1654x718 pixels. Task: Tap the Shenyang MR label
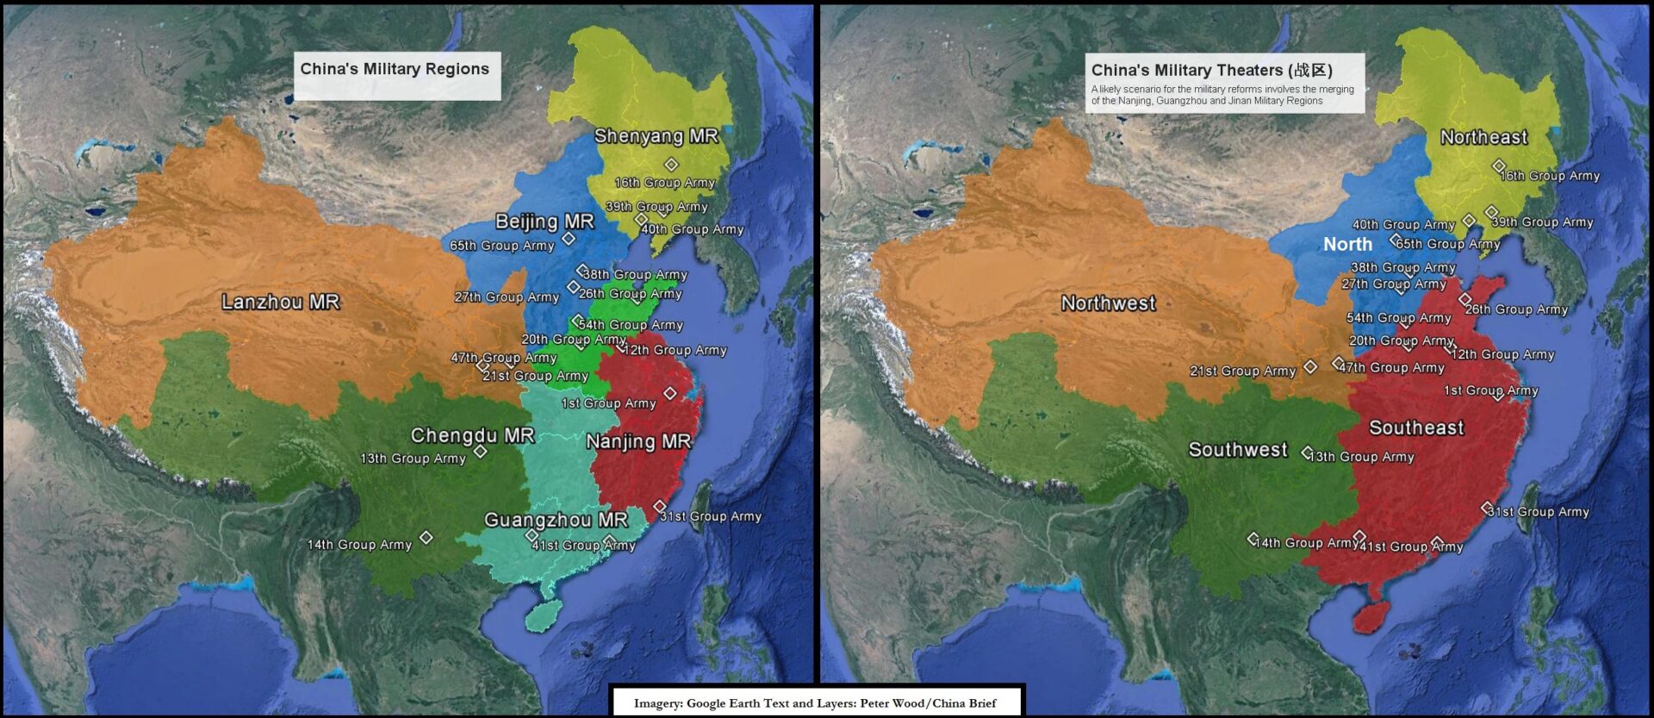click(x=656, y=136)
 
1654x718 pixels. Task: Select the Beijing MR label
click(x=544, y=222)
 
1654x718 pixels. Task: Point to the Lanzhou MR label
click(x=280, y=302)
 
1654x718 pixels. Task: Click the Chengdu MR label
click(x=472, y=435)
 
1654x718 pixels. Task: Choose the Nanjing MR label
click(x=638, y=442)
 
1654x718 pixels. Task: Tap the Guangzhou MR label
click(x=556, y=520)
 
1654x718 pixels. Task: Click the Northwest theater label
click(x=1108, y=303)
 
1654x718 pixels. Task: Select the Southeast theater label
click(x=1416, y=428)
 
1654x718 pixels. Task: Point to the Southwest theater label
click(x=1237, y=449)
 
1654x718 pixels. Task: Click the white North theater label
click(x=1347, y=245)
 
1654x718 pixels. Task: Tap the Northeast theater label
click(x=1483, y=137)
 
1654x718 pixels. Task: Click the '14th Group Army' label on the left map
click(x=359, y=545)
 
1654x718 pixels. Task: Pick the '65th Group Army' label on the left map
click(x=501, y=246)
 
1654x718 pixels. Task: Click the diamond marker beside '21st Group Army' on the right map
click(x=1310, y=367)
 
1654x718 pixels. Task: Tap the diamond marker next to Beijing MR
click(x=569, y=239)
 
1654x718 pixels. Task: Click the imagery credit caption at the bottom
click(x=815, y=703)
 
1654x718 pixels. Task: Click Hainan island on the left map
click(x=544, y=615)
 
